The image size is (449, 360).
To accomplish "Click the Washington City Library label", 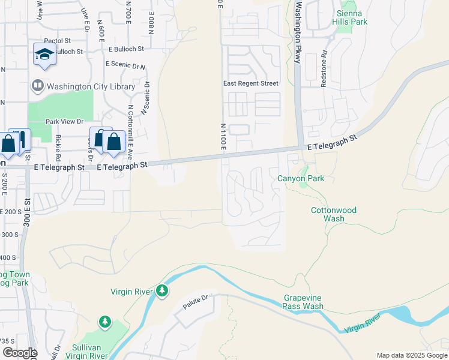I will pyautogui.click(x=92, y=86).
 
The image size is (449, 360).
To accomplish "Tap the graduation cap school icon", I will pyautogui.click(x=44, y=55).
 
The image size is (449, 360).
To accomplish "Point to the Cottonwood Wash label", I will pyautogui.click(x=333, y=214).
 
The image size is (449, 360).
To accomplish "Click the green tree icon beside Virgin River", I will pyautogui.click(x=162, y=291).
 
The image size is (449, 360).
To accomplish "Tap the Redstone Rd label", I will pyautogui.click(x=324, y=69).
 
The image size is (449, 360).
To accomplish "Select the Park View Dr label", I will pyautogui.click(x=64, y=121).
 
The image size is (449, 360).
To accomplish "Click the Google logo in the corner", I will pyautogui.click(x=19, y=353).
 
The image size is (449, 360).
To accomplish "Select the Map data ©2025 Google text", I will pyautogui.click(x=412, y=355).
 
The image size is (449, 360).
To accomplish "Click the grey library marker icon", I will pyautogui.click(x=37, y=86).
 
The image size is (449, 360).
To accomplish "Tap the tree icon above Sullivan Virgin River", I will pyautogui.click(x=106, y=322).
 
